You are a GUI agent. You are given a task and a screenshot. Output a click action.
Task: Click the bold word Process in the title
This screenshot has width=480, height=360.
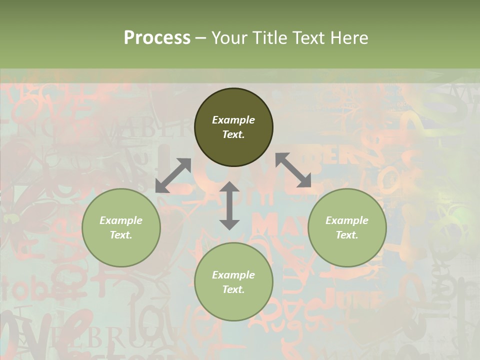point(157,38)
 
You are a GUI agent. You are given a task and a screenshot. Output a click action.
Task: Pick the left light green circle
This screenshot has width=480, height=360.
point(121,250)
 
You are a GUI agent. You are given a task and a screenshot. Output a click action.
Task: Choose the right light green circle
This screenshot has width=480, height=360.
point(347,250)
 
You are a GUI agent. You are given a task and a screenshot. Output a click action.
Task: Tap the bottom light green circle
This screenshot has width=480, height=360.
point(233,305)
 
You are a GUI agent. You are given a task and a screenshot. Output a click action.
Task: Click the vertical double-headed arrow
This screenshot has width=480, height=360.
point(229,205)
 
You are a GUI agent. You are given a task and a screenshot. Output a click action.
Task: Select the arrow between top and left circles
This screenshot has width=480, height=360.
point(173,175)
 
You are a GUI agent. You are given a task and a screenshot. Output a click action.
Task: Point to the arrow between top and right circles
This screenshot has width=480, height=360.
point(293,170)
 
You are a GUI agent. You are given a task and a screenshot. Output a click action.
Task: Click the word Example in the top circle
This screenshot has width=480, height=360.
point(233,120)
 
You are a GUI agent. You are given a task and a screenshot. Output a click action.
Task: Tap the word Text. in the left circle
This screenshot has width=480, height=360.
point(121,235)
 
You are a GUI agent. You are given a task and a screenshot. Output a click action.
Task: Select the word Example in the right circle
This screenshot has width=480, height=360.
point(347,220)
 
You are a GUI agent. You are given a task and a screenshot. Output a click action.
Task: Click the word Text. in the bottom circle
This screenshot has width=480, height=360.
point(233,289)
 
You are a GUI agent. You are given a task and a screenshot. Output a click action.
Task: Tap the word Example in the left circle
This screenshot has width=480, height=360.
point(121,220)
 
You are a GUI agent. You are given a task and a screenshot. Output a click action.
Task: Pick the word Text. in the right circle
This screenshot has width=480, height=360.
point(347,235)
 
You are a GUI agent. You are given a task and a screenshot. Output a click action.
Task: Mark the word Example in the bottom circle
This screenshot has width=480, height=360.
point(233,275)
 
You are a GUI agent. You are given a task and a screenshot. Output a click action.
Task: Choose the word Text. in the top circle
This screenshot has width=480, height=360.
point(233,134)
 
